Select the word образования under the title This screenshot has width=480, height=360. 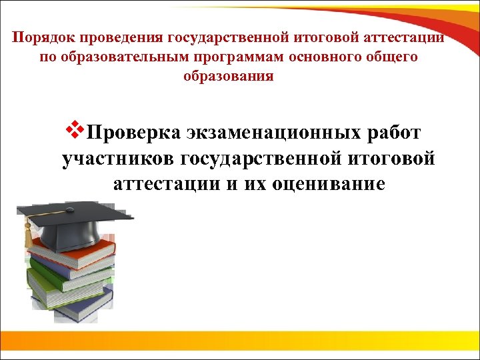point(228,76)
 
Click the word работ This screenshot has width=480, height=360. point(394,133)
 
